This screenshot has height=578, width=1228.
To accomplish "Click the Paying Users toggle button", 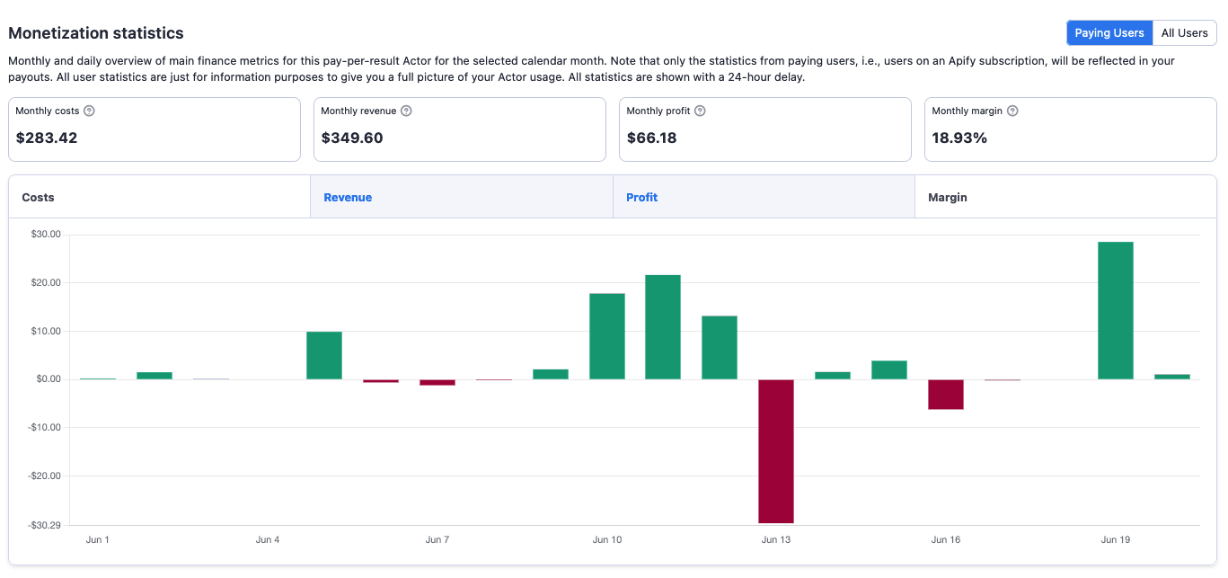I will (x=1109, y=33).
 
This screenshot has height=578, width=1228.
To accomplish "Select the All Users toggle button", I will (x=1184, y=33).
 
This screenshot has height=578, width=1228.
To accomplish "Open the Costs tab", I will (x=159, y=197).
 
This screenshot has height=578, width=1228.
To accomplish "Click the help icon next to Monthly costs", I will (x=89, y=111).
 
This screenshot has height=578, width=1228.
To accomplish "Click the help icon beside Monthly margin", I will (x=1012, y=111).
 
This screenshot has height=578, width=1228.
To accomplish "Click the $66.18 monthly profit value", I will (x=651, y=138).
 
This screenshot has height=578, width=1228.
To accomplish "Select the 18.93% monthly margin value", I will (x=959, y=138).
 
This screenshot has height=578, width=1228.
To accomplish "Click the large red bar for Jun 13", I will (x=776, y=450).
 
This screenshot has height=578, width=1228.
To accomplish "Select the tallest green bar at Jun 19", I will (x=1115, y=310).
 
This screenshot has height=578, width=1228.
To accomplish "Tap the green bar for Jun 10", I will (x=607, y=336).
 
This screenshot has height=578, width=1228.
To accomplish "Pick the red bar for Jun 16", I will (x=946, y=394).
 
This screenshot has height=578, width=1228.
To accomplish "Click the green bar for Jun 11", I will (x=663, y=327).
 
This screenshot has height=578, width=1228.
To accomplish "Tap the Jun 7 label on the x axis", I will (x=437, y=540).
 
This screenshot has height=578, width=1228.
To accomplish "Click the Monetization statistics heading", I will (x=96, y=33).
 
